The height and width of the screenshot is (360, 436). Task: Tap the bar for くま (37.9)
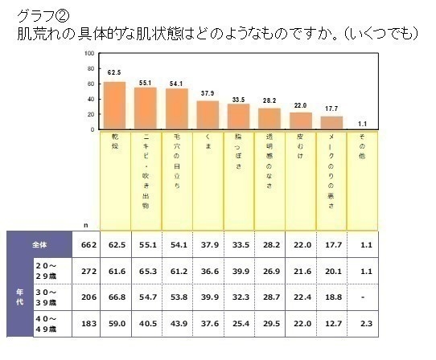tap(208, 115)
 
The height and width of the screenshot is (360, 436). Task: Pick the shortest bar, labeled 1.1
tap(362, 128)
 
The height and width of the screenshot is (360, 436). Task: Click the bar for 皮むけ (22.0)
tap(300, 121)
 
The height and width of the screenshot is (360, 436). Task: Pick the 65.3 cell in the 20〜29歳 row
tap(146, 272)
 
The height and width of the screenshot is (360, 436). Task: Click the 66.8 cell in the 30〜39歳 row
tap(115, 299)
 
